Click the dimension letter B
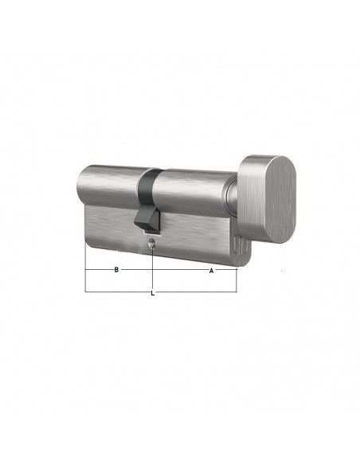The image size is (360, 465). coord(116,270)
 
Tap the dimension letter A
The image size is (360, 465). coord(211,271)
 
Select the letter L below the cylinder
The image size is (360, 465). coord(153,293)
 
